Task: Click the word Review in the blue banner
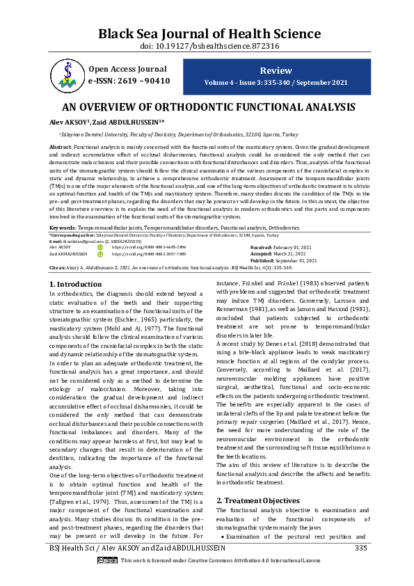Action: point(276,71)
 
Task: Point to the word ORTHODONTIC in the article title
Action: point(197,108)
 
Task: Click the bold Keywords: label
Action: point(63,228)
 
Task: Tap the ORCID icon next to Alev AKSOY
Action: point(99,247)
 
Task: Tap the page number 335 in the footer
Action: point(360,568)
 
